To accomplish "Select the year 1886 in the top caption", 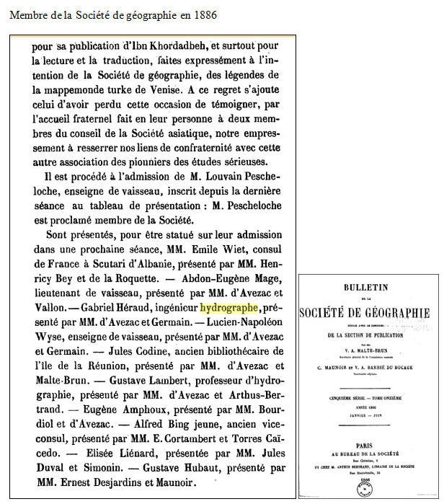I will [x=203, y=15].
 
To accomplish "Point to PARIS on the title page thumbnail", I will [x=369, y=446].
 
